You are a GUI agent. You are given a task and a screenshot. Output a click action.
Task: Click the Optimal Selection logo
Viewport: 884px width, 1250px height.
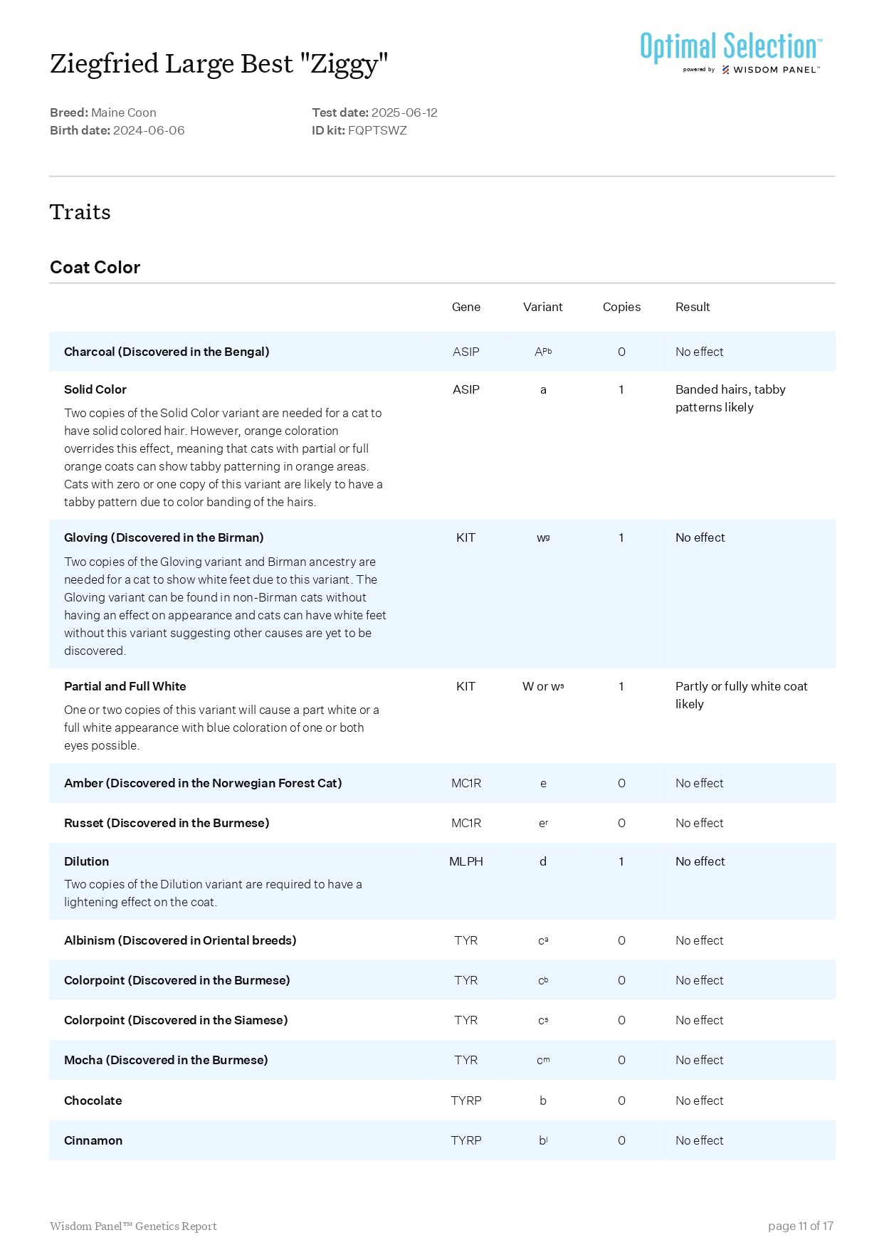click(730, 51)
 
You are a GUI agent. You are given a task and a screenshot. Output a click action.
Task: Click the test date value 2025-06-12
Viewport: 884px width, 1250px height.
click(404, 112)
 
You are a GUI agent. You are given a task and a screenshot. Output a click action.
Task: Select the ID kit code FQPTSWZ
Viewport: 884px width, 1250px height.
click(377, 130)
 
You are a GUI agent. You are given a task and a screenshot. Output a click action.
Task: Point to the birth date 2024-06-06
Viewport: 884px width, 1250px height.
click(149, 130)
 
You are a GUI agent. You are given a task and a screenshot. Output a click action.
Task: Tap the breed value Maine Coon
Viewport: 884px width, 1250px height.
click(124, 112)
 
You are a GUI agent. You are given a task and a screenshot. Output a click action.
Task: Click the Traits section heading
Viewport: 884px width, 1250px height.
click(80, 212)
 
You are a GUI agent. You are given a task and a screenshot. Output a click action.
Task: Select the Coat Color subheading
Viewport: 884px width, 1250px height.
click(95, 268)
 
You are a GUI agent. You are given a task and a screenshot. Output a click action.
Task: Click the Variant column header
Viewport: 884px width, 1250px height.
click(542, 307)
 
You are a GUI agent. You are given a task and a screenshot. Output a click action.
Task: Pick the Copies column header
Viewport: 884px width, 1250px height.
click(621, 307)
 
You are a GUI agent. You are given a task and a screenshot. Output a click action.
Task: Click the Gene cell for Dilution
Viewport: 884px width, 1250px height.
click(466, 861)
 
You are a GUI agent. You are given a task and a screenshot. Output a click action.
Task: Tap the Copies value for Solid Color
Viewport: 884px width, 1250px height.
click(621, 389)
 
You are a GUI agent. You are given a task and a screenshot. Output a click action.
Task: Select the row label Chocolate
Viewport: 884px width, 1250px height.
click(93, 1101)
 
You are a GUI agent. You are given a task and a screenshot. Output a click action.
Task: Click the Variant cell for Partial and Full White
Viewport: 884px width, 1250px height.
click(543, 686)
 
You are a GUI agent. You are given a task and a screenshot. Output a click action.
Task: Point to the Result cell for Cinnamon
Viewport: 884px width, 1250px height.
click(699, 1140)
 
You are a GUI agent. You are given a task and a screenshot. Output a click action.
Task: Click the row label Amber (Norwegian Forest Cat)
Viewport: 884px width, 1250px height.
click(203, 783)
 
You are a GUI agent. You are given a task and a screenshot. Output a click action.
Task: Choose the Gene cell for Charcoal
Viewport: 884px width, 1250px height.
click(466, 352)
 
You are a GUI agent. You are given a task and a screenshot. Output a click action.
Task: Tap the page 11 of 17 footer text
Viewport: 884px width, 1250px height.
click(800, 1226)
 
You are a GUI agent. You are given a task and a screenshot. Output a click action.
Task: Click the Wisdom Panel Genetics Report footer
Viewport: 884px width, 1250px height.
click(133, 1226)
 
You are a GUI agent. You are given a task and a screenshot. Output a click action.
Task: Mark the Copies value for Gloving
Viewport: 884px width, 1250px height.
click(621, 537)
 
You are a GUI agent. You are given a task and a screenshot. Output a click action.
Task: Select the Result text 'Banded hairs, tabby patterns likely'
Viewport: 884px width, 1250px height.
click(730, 398)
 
